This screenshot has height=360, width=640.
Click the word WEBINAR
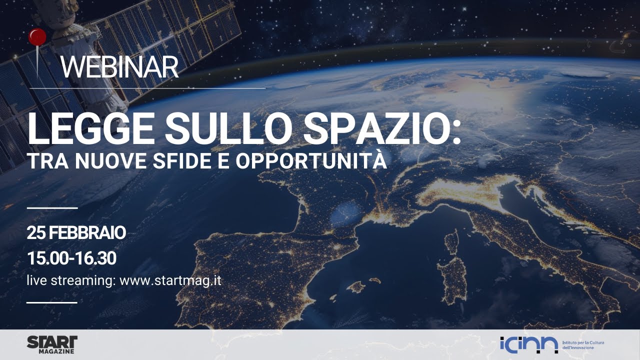[119, 67]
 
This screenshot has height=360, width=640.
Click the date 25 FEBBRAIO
[76, 232]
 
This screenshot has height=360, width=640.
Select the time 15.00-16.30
[71, 258]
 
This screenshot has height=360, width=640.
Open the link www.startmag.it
[170, 280]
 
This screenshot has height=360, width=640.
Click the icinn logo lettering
[529, 344]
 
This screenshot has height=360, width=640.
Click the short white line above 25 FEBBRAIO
[52, 207]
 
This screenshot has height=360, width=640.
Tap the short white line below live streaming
[52, 302]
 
